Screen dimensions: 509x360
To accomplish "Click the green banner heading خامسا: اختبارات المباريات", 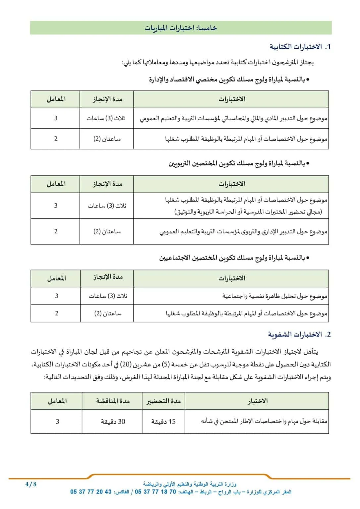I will point(181,28).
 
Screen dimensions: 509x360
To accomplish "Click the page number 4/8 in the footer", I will point(31,484).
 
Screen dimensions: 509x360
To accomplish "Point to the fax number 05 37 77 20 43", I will point(91,492).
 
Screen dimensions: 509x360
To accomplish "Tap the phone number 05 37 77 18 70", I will point(155,492).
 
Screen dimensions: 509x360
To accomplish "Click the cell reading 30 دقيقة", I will point(113,422).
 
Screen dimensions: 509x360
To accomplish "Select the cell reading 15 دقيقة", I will point(163,422).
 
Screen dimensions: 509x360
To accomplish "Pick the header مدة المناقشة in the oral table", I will point(113,401).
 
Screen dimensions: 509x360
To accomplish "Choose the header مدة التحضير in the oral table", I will point(163,401).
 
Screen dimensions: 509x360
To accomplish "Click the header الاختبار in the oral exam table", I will point(257,401).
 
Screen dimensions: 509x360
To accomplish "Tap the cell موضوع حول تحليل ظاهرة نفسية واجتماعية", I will point(274,296).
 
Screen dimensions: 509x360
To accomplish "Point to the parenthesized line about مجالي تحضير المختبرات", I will point(248,212).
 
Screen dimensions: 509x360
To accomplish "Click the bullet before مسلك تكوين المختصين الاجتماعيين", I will point(308,258).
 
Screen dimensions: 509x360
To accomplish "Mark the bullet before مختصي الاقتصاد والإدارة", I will point(308,80).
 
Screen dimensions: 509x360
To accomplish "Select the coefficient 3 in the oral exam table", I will point(57,422).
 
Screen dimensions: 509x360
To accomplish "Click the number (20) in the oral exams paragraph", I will point(126,365).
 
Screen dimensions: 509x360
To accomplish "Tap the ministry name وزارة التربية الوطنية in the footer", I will point(190,484).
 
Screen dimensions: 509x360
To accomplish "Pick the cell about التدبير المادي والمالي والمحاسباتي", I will point(233,118).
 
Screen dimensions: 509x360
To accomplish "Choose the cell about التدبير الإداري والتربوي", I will point(243,232).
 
